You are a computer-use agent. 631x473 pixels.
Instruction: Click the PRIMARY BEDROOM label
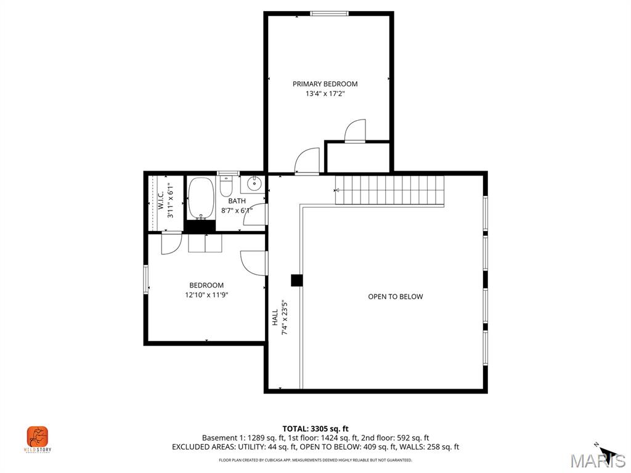(x=325, y=84)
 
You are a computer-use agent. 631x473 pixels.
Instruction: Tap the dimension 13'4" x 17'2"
(x=325, y=94)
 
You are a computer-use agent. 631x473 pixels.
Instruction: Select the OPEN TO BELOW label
(x=395, y=297)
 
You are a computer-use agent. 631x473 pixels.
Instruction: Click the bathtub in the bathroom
(x=200, y=198)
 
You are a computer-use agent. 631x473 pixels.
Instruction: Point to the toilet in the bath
(x=226, y=185)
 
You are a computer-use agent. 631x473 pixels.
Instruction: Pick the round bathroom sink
(x=254, y=184)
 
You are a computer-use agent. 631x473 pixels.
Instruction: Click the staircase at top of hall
(x=389, y=190)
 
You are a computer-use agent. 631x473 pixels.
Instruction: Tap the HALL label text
(x=275, y=318)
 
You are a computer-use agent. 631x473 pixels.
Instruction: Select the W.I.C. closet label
(x=161, y=201)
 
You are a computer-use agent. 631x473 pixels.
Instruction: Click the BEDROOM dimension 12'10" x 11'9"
(x=206, y=295)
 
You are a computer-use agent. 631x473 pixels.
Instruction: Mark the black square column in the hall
(x=297, y=280)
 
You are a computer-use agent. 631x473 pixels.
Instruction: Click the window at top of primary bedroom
(x=329, y=13)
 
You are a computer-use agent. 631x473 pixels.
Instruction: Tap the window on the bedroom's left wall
(x=146, y=278)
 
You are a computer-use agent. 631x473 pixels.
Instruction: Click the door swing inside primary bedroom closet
(x=356, y=131)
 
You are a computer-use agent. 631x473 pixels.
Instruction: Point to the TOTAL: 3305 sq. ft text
(x=315, y=429)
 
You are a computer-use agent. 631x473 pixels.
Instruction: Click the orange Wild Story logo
(x=38, y=437)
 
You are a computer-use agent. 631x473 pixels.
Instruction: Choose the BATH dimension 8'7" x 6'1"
(x=237, y=211)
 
